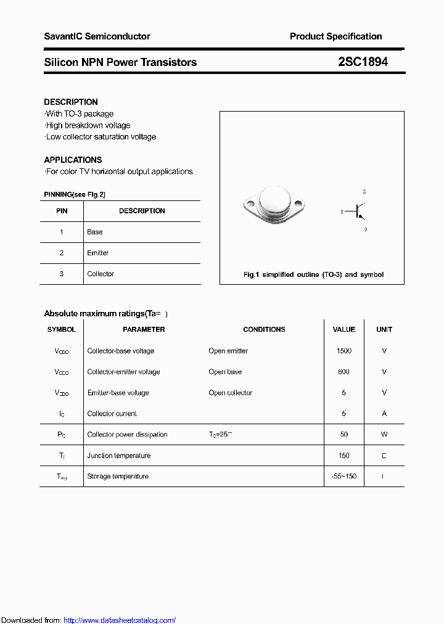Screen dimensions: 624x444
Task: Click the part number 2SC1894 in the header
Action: [x=363, y=62]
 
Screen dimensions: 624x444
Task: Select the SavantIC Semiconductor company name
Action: [x=97, y=36]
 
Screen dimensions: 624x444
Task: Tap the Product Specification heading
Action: [x=335, y=36]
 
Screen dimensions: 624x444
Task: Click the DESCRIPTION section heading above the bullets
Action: [x=71, y=102]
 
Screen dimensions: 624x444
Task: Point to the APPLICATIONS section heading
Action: [x=73, y=160]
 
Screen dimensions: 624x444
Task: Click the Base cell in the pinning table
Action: [x=95, y=232]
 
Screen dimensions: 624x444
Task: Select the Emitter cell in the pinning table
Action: [x=98, y=253]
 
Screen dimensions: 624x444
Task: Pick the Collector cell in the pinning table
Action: [x=101, y=274]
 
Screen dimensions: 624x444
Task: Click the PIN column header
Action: [x=62, y=211]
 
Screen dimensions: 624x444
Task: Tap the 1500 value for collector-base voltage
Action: [x=344, y=351]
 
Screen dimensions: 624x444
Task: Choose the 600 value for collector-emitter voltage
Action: [x=344, y=372]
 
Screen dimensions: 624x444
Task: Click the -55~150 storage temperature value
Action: [x=344, y=476]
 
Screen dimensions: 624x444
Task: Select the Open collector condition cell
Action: [x=231, y=393]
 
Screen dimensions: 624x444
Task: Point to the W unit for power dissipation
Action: [x=384, y=435]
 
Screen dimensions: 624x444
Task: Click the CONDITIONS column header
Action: [x=264, y=329]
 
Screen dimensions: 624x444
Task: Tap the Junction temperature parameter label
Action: [x=119, y=456]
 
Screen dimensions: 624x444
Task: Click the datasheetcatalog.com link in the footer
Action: [x=120, y=620]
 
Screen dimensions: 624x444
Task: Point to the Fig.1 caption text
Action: [x=313, y=274]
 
